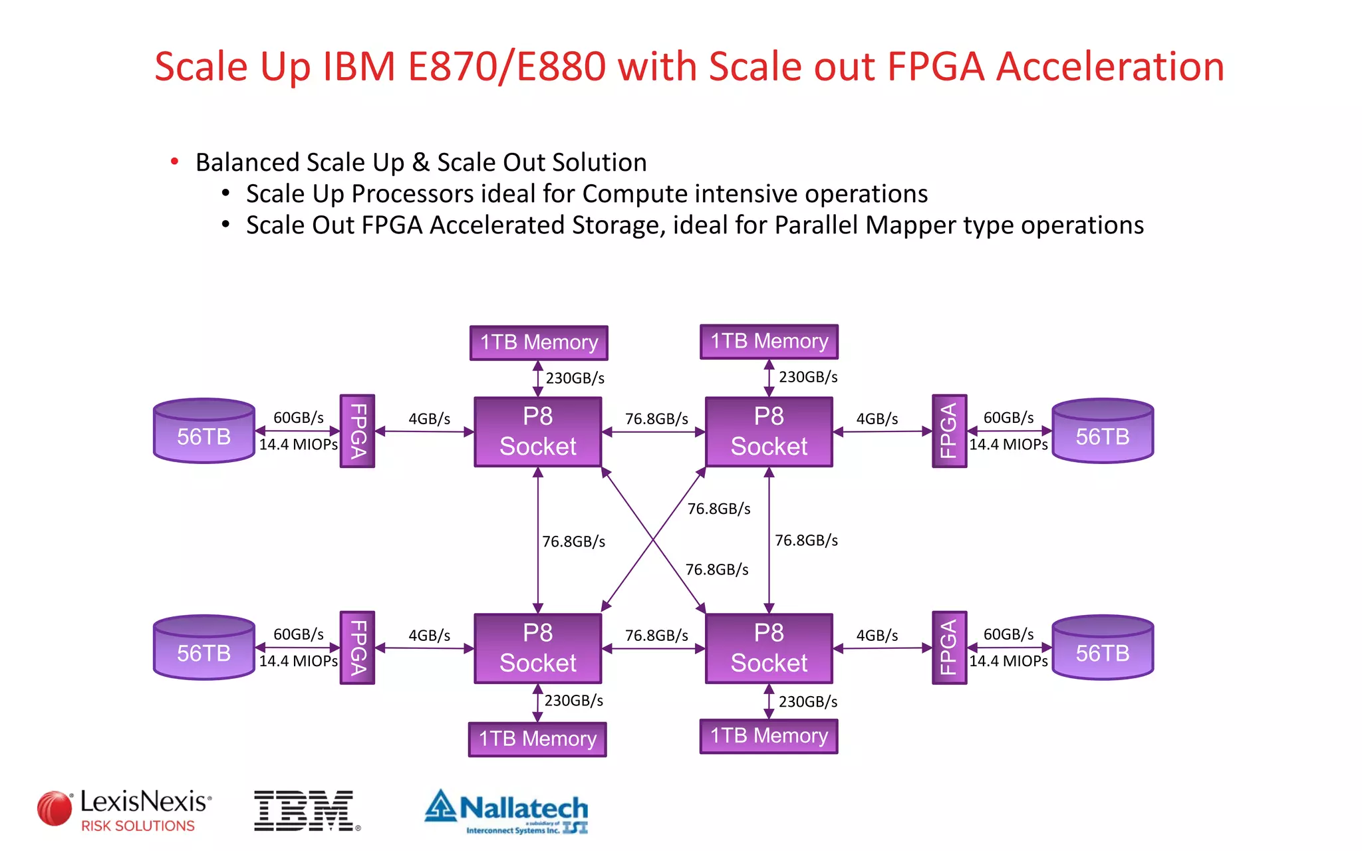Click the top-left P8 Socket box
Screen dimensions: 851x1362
click(537, 431)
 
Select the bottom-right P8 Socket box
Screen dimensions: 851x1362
click(769, 648)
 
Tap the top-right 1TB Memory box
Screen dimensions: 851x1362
click(769, 341)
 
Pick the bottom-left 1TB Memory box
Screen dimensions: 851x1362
click(537, 739)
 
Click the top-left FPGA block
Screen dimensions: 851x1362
click(357, 431)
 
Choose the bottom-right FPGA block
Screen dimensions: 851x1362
click(949, 648)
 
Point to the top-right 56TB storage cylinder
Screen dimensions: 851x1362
click(1102, 431)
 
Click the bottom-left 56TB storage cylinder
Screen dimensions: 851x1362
click(204, 648)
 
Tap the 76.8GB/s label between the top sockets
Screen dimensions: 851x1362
click(656, 419)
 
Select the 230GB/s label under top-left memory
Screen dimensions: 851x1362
click(575, 378)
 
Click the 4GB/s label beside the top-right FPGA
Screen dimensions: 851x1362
click(877, 419)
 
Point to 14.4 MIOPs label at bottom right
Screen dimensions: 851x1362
click(1008, 661)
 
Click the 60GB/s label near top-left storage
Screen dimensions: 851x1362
click(298, 418)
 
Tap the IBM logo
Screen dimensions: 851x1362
click(305, 810)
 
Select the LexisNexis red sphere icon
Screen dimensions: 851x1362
click(55, 808)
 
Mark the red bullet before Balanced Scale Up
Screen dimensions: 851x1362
click(174, 162)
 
